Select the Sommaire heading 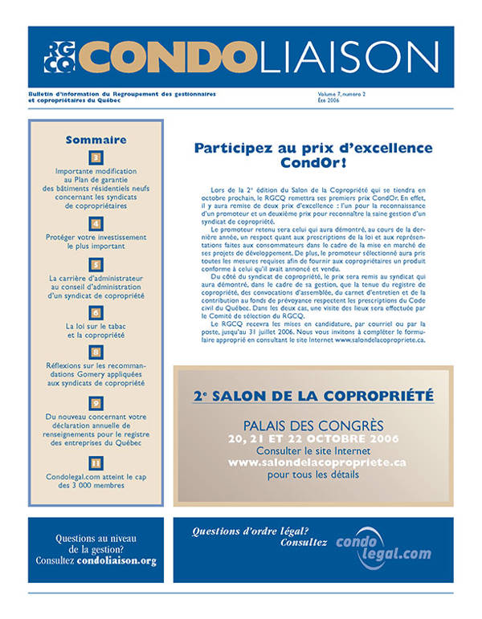pos(96,139)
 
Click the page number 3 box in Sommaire pos(96,158)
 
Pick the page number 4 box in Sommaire pos(96,223)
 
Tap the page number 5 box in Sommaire pos(96,263)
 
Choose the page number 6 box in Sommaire pos(96,312)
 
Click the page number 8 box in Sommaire pos(96,352)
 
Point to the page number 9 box pos(96,402)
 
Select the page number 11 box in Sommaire pos(96,462)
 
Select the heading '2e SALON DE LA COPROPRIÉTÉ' pos(314,397)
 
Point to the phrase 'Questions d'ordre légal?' pos(250,530)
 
